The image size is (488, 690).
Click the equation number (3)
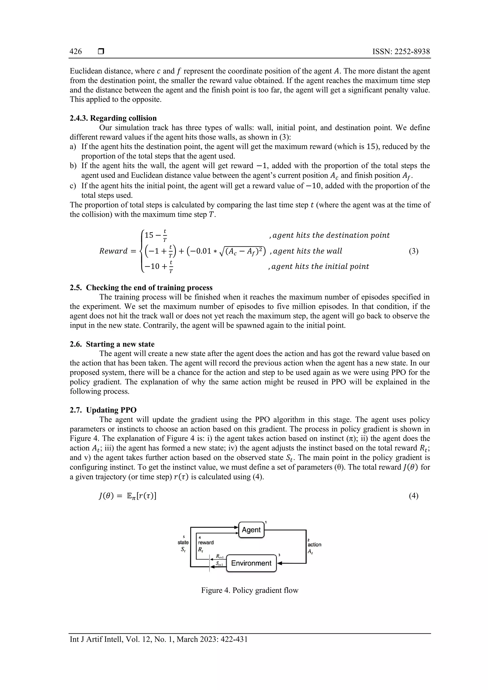pos(413,251)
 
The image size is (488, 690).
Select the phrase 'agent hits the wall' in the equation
pos(307,251)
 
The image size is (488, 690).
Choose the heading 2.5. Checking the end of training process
pos(141,288)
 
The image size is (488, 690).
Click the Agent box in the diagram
pos(251,529)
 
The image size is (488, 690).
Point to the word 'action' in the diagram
pos(315,544)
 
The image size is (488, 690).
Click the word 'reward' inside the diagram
pos(206,542)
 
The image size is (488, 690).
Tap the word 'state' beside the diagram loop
pos(183,542)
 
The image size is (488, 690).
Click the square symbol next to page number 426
pos(101,52)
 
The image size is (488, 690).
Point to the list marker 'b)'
pos(73,166)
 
